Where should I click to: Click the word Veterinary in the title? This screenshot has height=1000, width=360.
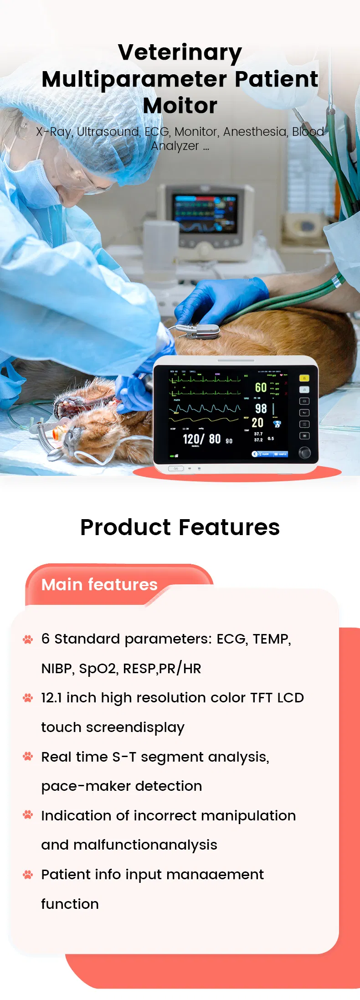click(x=180, y=52)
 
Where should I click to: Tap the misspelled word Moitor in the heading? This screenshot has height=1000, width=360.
click(x=180, y=106)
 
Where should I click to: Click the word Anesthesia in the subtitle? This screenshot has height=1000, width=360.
click(x=255, y=132)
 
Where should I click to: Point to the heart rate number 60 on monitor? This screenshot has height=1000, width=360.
click(x=261, y=387)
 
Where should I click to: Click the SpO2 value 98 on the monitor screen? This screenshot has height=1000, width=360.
click(x=261, y=408)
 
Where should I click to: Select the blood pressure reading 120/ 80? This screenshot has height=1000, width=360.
click(x=202, y=439)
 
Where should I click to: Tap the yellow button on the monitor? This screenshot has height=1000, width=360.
click(x=304, y=378)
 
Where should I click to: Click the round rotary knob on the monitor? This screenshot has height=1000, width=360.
click(x=304, y=453)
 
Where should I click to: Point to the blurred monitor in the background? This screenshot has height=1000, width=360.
click(x=205, y=214)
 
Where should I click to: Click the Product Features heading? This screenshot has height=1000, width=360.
click(x=180, y=527)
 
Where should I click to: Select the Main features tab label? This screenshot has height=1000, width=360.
click(x=99, y=584)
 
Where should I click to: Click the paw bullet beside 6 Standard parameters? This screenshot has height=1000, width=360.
click(x=28, y=639)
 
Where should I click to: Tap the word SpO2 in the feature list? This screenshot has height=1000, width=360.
click(x=97, y=669)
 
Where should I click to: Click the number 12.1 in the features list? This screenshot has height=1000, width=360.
click(x=51, y=698)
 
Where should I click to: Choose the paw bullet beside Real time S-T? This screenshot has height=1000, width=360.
click(x=28, y=757)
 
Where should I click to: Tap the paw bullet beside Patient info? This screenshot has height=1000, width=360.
click(x=28, y=874)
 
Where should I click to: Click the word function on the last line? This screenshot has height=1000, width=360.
click(x=70, y=904)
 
